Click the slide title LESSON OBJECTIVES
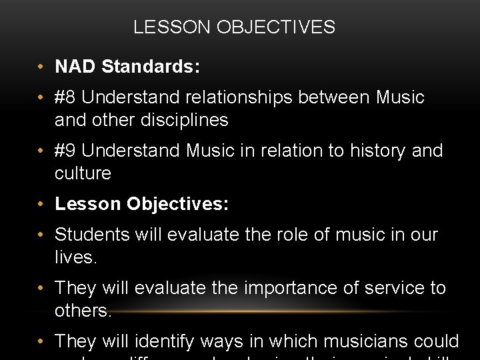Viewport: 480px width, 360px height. click(234, 27)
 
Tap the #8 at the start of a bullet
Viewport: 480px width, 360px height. click(65, 97)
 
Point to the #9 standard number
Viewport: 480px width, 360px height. click(65, 151)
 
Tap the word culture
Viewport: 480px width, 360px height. click(83, 173)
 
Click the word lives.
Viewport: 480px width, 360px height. click(75, 257)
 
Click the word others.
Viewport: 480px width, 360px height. click(83, 311)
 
